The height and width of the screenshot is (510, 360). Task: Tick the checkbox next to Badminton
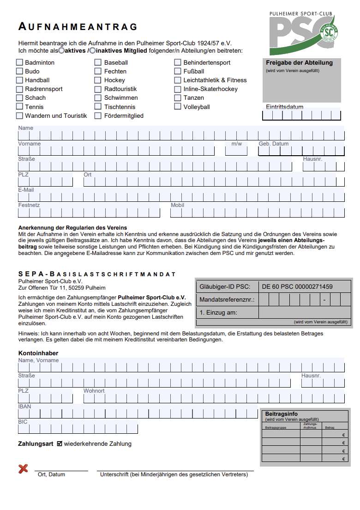point(19,62)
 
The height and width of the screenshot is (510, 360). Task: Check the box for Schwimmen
point(98,98)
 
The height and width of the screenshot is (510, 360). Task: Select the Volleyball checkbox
point(178,107)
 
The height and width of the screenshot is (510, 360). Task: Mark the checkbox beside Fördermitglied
point(98,116)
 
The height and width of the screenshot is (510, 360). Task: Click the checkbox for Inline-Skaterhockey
point(178,89)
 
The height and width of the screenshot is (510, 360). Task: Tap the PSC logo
point(305,33)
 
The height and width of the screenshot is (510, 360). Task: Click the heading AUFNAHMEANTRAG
point(78,27)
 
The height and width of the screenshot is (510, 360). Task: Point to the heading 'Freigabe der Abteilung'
point(299,63)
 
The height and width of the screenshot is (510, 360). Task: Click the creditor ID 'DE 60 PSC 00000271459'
point(297,287)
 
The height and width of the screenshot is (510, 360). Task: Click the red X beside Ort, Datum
point(23,469)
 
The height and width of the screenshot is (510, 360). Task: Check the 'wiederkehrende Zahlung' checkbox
point(60,444)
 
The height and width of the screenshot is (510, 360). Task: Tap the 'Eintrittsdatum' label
point(285,107)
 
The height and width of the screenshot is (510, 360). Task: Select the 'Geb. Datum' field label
point(274,144)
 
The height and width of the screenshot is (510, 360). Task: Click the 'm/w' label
point(237,144)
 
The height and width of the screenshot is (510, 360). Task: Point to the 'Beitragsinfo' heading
point(282,414)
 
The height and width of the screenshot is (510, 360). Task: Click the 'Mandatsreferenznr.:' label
point(227,300)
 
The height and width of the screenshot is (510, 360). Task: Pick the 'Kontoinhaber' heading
point(38,353)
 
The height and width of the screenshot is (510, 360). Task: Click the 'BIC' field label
point(23,422)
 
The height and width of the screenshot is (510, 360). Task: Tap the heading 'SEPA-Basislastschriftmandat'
point(97,274)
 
